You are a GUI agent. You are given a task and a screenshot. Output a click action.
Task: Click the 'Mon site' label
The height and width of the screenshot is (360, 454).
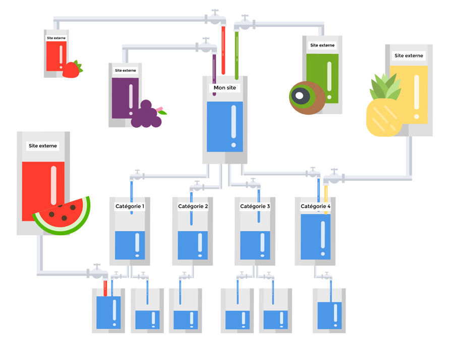click(224, 88)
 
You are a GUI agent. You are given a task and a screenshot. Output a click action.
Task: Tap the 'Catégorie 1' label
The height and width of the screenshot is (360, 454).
click(130, 207)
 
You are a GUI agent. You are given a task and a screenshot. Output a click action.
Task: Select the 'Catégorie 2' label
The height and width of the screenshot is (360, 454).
click(193, 207)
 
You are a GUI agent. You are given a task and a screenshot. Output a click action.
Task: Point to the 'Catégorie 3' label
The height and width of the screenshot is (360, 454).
click(255, 207)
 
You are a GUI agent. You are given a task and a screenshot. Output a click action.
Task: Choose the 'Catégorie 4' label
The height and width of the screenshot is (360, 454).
click(316, 207)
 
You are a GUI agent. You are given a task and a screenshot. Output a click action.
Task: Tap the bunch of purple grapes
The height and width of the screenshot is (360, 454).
click(146, 115)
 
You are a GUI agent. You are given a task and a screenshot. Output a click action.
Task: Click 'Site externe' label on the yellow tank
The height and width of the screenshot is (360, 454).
click(409, 56)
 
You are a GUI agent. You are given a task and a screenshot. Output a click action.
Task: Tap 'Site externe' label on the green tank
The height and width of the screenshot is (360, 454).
click(322, 45)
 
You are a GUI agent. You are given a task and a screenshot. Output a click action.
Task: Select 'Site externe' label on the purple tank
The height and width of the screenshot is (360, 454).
click(125, 71)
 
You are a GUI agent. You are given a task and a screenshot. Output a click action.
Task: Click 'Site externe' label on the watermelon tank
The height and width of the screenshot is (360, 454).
click(43, 146)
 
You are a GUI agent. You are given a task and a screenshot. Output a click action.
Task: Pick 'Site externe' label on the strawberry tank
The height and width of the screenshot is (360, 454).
click(56, 38)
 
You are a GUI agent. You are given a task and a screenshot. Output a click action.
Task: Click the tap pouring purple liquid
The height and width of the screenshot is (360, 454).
click(207, 46)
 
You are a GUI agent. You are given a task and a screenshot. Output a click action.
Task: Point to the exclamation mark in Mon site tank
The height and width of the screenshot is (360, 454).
click(233, 126)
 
